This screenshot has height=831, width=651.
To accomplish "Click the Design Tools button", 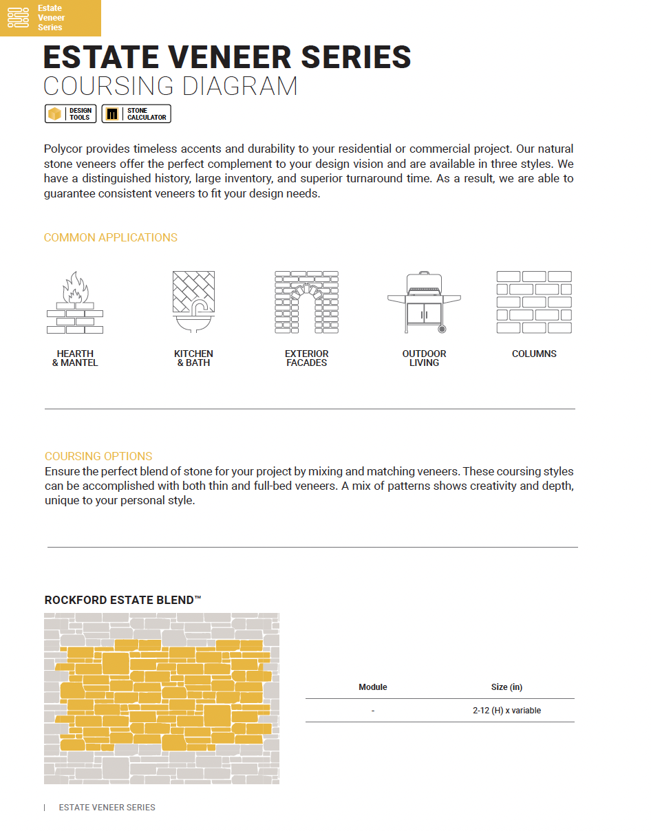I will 70,114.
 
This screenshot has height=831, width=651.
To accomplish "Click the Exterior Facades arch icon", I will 306,303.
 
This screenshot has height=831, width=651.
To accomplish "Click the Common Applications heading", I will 110,238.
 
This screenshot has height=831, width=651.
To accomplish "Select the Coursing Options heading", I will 98,457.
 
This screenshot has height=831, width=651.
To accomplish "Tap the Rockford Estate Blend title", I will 122,601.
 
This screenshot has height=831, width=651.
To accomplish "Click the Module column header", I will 373,687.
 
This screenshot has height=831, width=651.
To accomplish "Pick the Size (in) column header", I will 506,687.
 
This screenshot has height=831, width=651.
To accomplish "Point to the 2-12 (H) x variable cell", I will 506,711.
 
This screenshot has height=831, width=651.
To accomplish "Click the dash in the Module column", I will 372,711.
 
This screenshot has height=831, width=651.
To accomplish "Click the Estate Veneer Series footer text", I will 107,808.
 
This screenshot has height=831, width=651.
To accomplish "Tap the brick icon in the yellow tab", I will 19,18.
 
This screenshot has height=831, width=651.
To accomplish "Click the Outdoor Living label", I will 424,358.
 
